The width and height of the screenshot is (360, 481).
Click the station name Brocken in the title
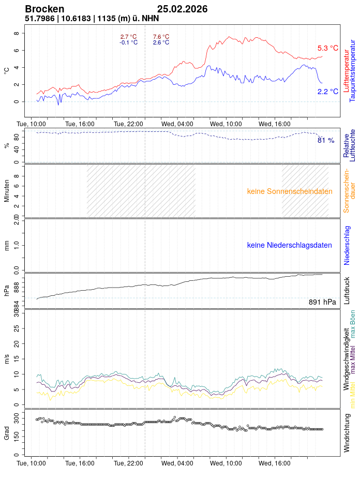(44, 9)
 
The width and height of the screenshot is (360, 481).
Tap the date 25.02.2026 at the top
(183, 9)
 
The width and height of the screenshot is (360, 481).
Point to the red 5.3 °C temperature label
(328, 48)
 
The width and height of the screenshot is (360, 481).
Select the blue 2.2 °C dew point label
(328, 92)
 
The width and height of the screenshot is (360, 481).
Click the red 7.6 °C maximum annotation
(161, 37)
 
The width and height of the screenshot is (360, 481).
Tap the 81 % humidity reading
(326, 140)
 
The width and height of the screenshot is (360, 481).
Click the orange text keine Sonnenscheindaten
(290, 191)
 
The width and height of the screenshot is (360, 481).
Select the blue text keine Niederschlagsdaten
(290, 245)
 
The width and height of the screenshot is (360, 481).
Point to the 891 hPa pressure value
(322, 302)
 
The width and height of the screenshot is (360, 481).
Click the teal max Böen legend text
(353, 324)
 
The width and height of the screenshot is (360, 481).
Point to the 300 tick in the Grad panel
(16, 416)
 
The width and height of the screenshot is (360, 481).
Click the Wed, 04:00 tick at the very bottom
(177, 463)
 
